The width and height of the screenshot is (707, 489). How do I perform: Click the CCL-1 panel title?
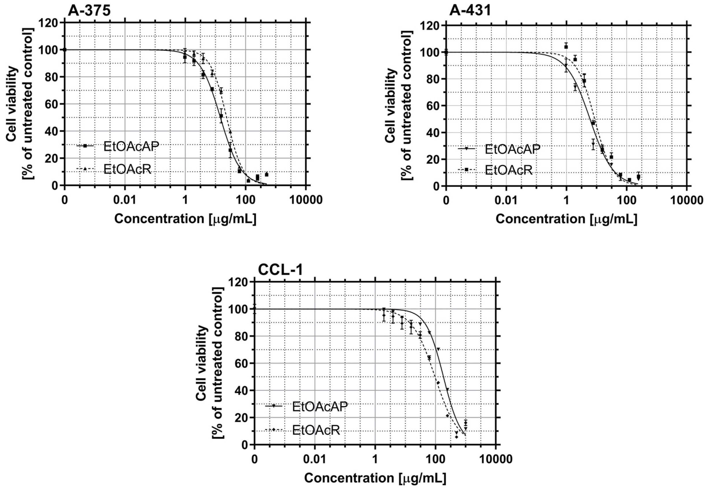click(280, 270)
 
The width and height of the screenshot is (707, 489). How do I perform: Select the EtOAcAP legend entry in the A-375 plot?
click(131, 146)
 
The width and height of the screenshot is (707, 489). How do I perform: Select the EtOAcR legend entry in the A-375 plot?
click(127, 169)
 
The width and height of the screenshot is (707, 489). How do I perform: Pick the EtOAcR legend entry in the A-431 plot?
click(508, 170)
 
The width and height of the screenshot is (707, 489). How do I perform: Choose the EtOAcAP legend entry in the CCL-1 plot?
click(320, 407)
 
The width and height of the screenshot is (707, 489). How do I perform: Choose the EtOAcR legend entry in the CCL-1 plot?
click(316, 430)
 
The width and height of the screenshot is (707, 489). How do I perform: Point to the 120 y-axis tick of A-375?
click(49, 23)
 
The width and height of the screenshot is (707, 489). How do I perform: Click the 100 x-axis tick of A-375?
click(245, 200)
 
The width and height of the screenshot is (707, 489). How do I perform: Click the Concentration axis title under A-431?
click(566, 219)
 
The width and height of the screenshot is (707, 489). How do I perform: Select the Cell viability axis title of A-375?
click(19, 104)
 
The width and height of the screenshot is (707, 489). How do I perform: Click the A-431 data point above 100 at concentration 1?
click(566, 46)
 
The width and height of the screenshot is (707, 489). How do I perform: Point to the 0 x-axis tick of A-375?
click(64, 200)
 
